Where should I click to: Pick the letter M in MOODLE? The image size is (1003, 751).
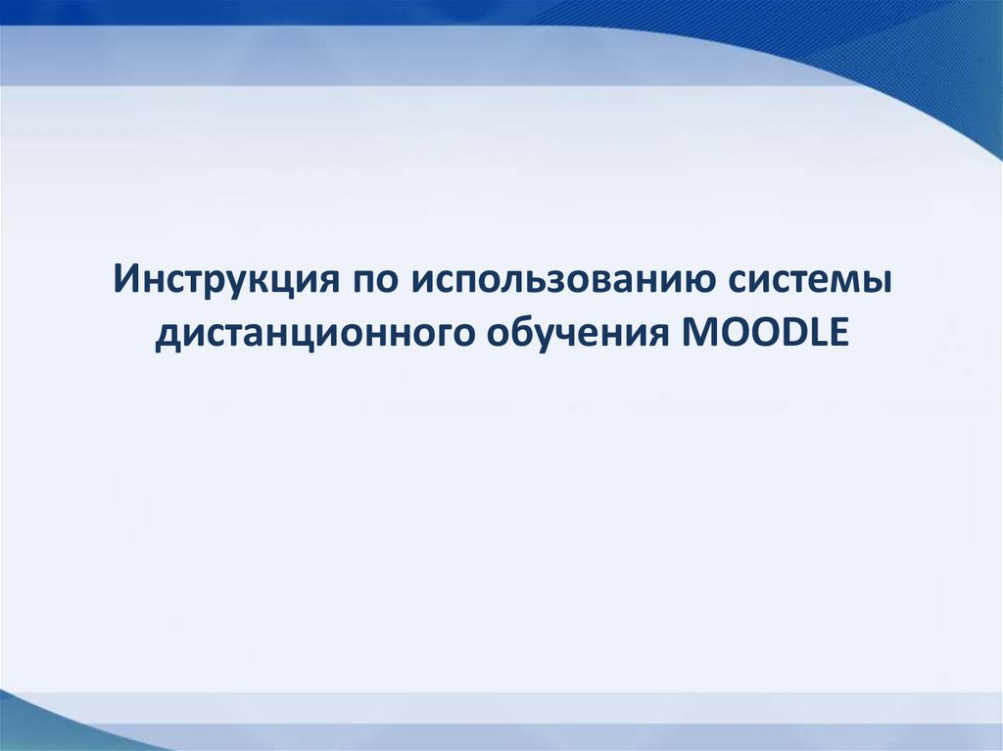pos(693,333)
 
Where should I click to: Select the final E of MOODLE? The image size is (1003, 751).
pos(835,333)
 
